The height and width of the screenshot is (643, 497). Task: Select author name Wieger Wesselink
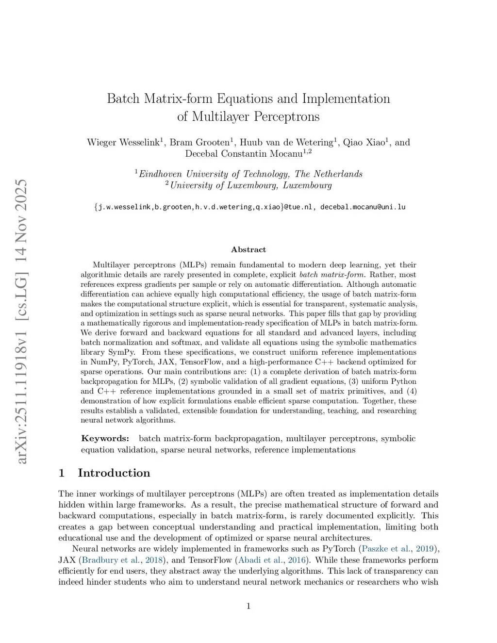(x=123, y=142)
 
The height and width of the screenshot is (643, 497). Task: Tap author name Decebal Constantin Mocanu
(x=244, y=154)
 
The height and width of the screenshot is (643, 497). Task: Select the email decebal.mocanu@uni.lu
(x=363, y=207)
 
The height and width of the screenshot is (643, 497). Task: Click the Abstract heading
(x=248, y=249)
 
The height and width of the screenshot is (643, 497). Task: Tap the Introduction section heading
(x=114, y=473)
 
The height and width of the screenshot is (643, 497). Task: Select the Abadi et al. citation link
(x=256, y=560)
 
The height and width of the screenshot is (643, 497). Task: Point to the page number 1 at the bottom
(x=248, y=606)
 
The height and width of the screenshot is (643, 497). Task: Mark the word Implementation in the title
(x=346, y=99)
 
